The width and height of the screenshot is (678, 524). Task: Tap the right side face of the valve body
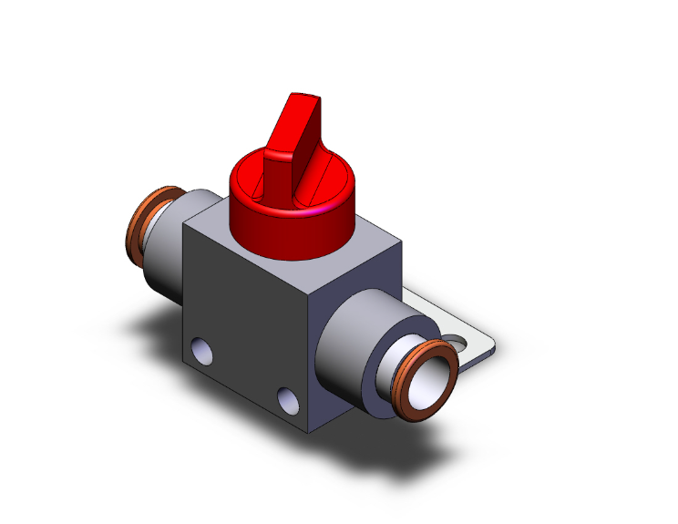pos(351,301)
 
